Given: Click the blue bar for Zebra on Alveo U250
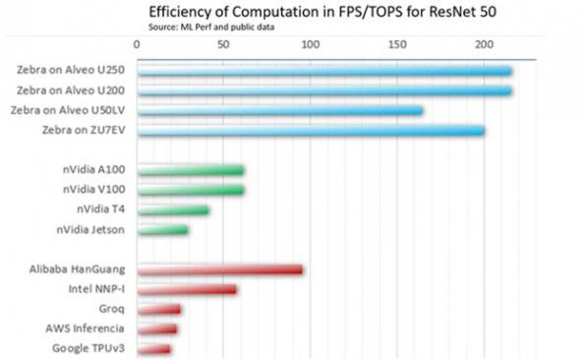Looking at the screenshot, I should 323,71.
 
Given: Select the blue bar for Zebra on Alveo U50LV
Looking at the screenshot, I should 279,111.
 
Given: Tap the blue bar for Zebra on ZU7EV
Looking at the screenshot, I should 310,131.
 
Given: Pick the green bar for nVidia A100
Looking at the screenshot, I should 190,170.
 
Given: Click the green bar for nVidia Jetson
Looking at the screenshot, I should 161,230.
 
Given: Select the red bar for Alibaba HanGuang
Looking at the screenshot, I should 218,270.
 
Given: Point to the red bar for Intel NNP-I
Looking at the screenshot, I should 186,289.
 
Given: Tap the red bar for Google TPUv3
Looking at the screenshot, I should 153,349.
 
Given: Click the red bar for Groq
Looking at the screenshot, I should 158,310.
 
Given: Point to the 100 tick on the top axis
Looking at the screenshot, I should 310,44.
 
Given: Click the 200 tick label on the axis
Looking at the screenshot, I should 484,44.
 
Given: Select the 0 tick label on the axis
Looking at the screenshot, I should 136,44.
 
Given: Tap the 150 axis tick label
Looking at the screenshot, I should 396,44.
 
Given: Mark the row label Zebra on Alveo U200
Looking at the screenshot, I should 68,90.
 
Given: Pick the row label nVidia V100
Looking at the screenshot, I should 93,190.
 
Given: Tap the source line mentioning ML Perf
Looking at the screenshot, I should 211,27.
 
